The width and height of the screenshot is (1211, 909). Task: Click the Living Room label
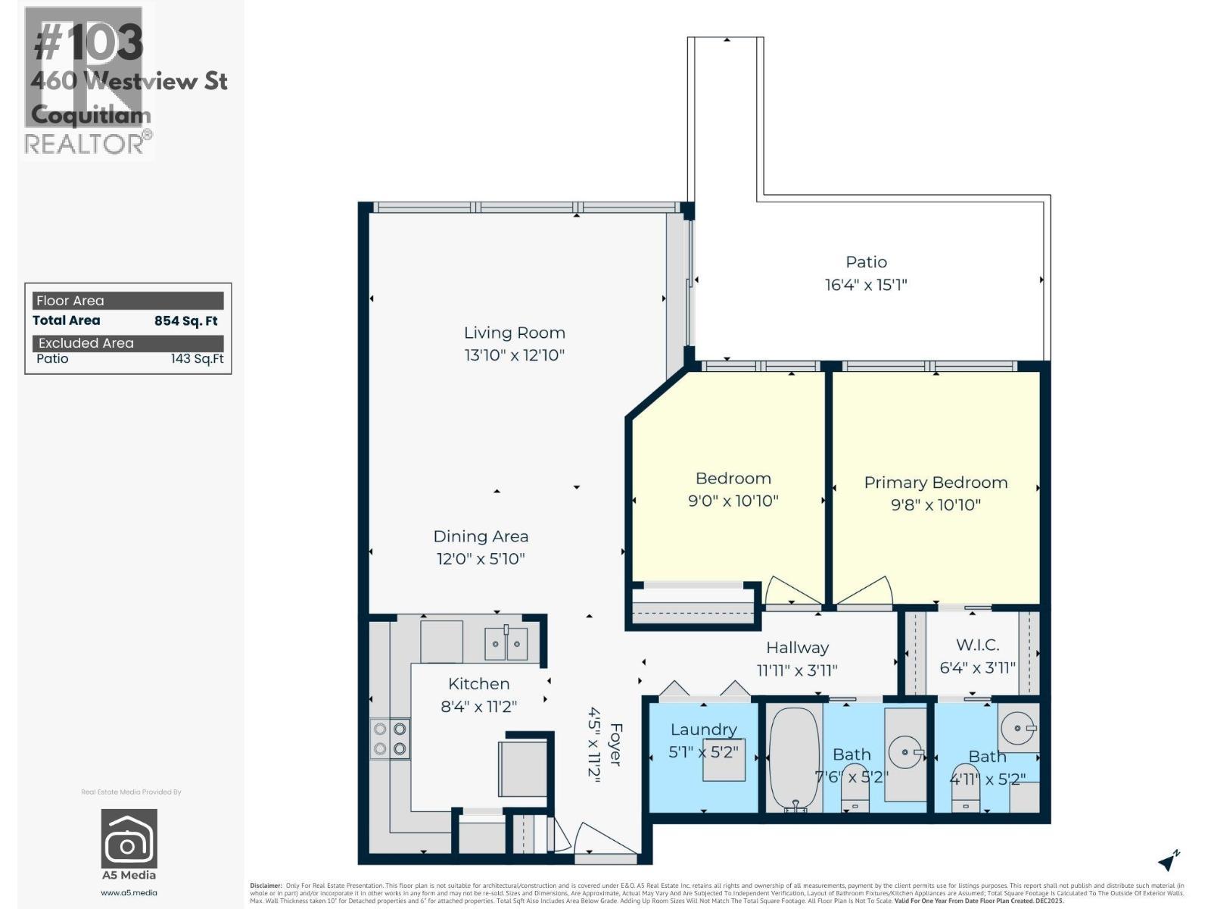514,333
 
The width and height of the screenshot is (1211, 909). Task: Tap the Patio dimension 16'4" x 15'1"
866,285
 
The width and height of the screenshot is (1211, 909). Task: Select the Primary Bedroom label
935,483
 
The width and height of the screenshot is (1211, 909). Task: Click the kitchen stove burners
390,739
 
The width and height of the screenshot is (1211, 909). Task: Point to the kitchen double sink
506,645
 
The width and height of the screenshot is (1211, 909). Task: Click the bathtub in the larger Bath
794,758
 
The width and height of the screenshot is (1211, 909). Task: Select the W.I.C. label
977,645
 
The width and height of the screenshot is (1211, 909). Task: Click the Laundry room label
703,729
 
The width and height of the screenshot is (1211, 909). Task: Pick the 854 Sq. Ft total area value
185,320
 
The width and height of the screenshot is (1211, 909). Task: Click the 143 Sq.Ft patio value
197,359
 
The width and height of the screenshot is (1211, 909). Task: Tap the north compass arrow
1169,861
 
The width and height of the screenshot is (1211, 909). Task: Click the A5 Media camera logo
129,839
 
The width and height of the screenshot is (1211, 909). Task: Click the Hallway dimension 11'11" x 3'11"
797,670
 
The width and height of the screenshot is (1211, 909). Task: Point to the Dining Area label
481,536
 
